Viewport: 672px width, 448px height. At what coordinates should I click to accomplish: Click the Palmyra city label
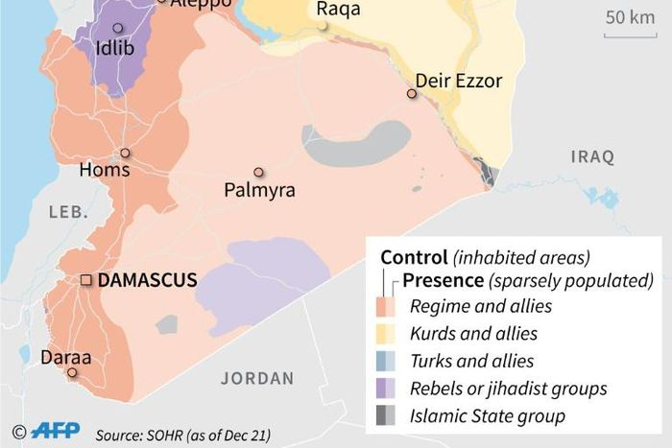259,191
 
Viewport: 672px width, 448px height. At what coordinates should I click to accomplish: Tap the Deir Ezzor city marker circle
411,94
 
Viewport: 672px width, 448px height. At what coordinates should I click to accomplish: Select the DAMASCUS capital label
148,280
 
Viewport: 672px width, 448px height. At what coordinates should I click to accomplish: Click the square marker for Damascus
85,280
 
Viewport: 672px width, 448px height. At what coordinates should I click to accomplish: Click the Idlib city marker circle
118,29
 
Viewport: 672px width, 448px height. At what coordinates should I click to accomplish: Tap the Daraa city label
66,358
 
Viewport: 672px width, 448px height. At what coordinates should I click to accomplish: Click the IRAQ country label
593,156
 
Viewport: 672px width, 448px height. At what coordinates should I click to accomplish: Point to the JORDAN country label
256,378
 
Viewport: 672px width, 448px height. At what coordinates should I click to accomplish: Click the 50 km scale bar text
629,16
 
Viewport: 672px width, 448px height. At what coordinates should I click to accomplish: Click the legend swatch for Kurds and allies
386,334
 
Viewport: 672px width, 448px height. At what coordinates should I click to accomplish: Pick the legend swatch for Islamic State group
386,416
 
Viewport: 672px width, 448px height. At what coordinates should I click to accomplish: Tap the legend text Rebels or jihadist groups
508,389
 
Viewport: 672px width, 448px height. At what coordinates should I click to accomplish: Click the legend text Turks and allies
471,362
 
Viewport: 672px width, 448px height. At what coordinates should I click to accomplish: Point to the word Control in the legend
414,257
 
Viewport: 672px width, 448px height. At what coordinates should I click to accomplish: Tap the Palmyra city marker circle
258,172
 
